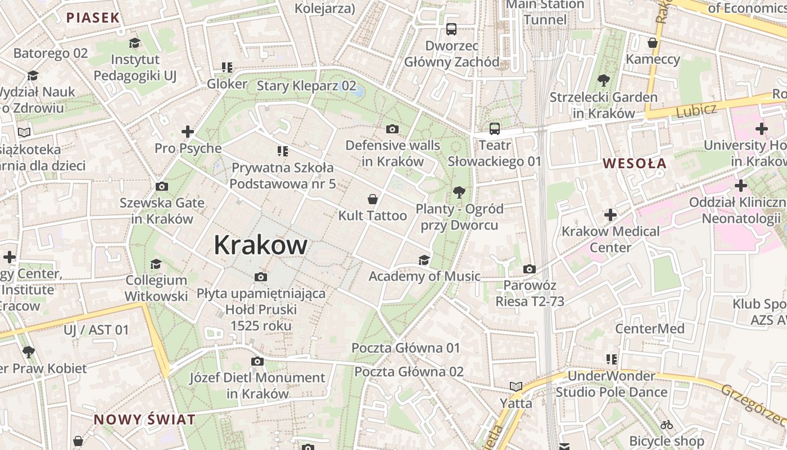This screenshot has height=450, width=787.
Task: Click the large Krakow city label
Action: click(x=260, y=245)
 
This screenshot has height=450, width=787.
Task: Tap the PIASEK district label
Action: click(x=93, y=17)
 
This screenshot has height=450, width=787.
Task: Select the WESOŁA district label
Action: click(x=634, y=164)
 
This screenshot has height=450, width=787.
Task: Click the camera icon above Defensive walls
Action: click(x=392, y=129)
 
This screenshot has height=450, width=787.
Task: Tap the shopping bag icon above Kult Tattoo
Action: click(x=372, y=199)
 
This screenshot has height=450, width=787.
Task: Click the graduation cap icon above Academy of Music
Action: click(x=424, y=260)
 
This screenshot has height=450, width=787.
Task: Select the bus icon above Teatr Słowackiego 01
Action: click(x=495, y=129)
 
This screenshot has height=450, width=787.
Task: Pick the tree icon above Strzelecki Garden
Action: click(x=604, y=80)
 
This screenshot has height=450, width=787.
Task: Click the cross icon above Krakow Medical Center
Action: click(x=610, y=215)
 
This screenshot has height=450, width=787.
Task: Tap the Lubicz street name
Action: click(x=696, y=109)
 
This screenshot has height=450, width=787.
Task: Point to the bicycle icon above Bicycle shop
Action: click(x=667, y=425)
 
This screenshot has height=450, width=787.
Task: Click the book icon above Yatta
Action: click(x=515, y=386)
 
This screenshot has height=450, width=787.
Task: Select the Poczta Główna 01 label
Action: click(x=405, y=348)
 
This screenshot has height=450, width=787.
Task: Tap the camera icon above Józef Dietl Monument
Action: click(x=257, y=361)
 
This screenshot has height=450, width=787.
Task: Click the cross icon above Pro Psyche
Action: click(x=188, y=132)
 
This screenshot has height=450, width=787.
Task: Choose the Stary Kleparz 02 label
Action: click(x=306, y=85)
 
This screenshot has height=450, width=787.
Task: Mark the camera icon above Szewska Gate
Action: click(x=161, y=187)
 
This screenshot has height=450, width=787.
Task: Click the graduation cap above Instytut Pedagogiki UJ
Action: click(x=134, y=43)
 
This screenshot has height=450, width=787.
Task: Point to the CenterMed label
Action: click(x=649, y=328)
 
